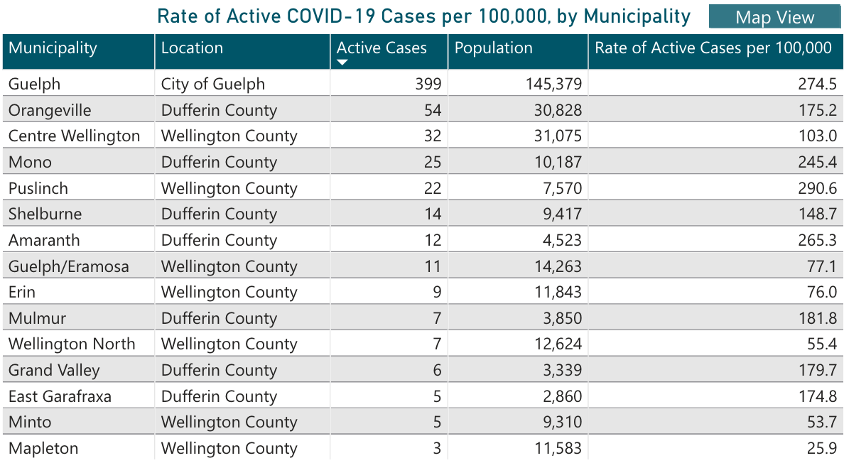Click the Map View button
click(x=774, y=17)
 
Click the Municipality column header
click(x=53, y=48)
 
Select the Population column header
click(x=493, y=48)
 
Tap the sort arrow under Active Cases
click(x=342, y=62)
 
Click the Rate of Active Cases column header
click(x=713, y=48)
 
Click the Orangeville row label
click(x=50, y=110)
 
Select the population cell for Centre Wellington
click(x=558, y=136)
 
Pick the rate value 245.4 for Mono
click(x=817, y=162)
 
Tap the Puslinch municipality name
click(x=38, y=188)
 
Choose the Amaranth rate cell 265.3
click(x=817, y=240)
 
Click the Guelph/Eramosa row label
click(x=69, y=266)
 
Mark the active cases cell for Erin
click(x=435, y=292)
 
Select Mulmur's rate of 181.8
click(x=817, y=318)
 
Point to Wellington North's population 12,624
click(x=558, y=344)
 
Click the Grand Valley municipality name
click(x=54, y=370)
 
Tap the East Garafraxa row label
click(x=60, y=396)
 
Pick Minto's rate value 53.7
click(x=821, y=422)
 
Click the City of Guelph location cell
click(x=213, y=84)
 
